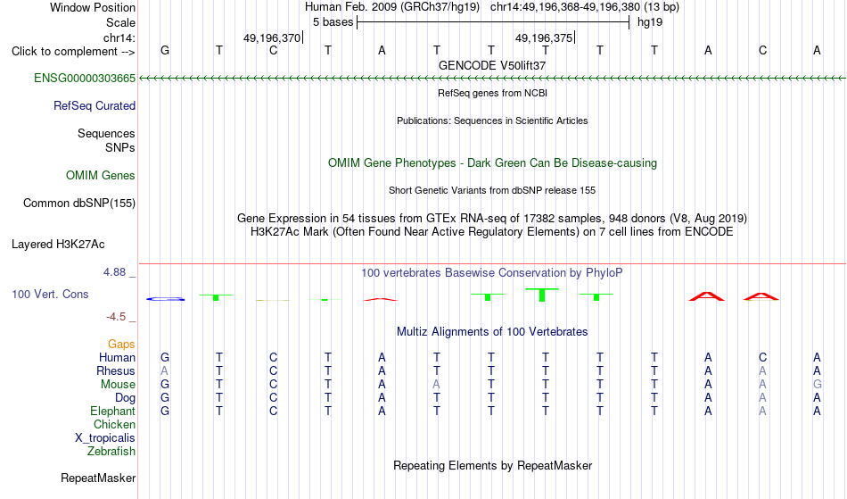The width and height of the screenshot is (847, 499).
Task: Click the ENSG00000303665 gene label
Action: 85,79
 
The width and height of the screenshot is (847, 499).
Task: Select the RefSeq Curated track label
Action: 95,106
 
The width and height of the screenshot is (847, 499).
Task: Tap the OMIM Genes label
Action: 101,176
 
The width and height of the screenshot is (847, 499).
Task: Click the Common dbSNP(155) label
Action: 79,204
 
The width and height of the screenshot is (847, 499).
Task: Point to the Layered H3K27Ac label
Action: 58,245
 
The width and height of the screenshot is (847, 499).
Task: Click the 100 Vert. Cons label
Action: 50,294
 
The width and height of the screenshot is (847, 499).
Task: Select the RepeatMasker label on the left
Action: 98,478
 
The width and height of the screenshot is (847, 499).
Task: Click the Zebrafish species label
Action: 111,452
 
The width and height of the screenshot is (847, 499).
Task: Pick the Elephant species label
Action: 113,412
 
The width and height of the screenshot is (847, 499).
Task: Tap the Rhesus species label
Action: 116,371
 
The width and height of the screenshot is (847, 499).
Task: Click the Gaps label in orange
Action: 121,345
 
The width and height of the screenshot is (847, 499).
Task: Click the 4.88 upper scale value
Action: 115,272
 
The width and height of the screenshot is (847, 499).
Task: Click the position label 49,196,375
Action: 544,38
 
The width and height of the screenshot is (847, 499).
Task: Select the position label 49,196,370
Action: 272,38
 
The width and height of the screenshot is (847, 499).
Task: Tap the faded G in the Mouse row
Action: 818,385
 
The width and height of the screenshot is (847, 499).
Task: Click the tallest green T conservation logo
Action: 542,295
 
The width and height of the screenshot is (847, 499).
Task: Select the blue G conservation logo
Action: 165,299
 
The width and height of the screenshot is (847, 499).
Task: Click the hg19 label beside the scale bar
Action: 650,22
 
